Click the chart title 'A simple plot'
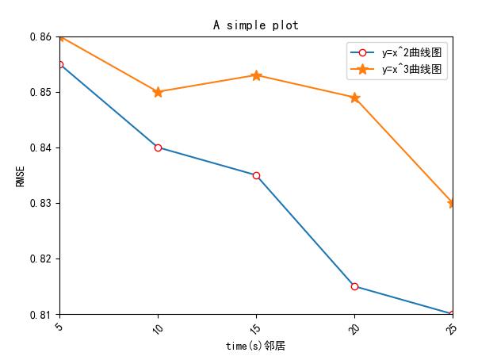click(255, 25)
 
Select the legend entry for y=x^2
click(411, 53)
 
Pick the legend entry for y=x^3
click(411, 70)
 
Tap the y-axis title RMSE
click(20, 175)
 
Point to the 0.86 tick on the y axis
click(40, 36)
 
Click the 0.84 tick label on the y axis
click(40, 147)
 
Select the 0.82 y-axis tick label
click(40, 259)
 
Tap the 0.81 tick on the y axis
click(40, 314)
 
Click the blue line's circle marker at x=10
click(158, 147)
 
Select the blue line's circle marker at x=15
click(256, 175)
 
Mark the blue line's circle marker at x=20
click(354, 286)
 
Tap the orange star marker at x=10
click(158, 92)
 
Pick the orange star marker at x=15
click(256, 75)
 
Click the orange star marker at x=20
click(354, 98)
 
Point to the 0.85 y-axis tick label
click(40, 92)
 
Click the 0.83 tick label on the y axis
click(40, 203)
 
